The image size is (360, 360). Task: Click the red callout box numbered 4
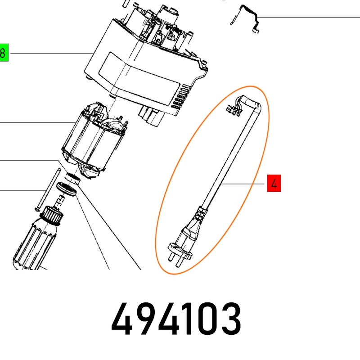tap(274, 183)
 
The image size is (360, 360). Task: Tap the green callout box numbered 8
tap(4, 53)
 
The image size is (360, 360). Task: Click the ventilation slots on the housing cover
tap(182, 96)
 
